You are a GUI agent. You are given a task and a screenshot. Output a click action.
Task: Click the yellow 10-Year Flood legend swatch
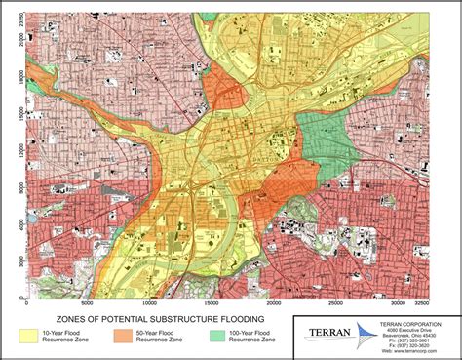pyautogui.click(x=23, y=337)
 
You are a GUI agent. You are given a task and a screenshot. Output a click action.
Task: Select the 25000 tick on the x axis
pyautogui.click(x=336, y=301)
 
